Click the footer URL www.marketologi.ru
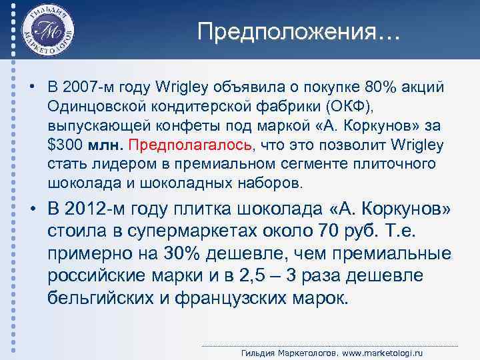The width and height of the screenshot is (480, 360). (x=385, y=352)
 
